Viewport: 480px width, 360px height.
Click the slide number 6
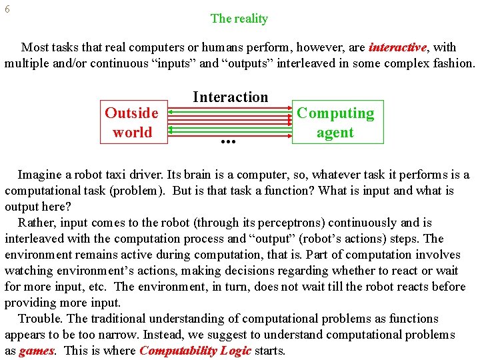click(x=7, y=10)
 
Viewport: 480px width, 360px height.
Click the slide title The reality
click(x=239, y=19)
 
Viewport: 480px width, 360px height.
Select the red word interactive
click(x=397, y=47)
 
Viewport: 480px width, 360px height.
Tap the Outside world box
click(x=131, y=122)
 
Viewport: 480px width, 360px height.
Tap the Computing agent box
click(x=335, y=122)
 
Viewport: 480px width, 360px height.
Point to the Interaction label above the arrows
click(x=230, y=97)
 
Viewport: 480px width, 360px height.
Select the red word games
click(x=37, y=351)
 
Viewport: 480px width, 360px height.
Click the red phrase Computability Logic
click(x=195, y=351)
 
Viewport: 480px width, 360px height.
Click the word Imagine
click(x=41, y=175)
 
